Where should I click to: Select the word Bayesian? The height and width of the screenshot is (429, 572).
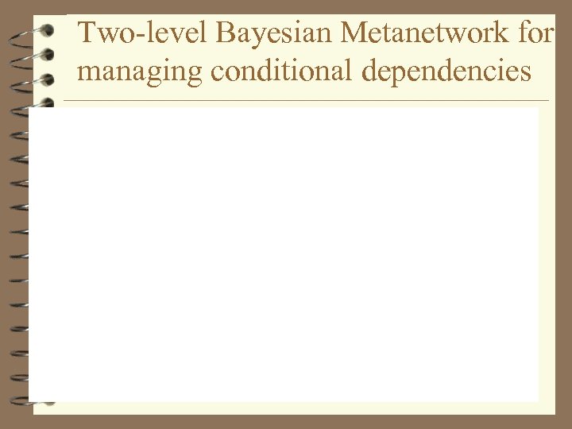click(230, 35)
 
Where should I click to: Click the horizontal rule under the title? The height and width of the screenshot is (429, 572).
click(306, 101)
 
